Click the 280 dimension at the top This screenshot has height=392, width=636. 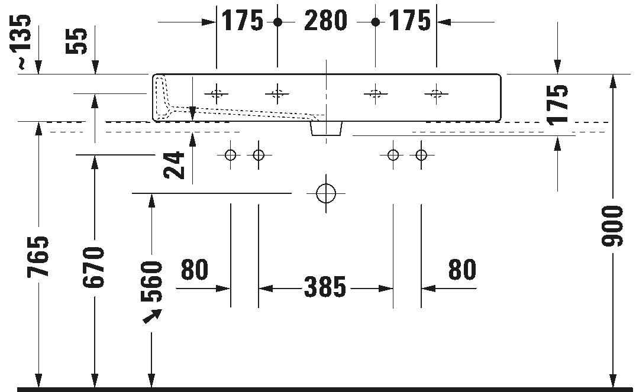click(x=325, y=22)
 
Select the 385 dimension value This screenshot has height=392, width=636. click(x=325, y=287)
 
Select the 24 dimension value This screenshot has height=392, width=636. click(x=175, y=166)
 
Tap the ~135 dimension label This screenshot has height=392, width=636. click(x=22, y=42)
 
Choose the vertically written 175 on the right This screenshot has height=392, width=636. click(x=557, y=104)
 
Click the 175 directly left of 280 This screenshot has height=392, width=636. click(x=243, y=22)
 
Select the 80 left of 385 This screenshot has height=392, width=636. click(x=195, y=270)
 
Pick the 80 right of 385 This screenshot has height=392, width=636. click(x=462, y=270)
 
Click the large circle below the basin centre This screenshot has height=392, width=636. click(x=325, y=193)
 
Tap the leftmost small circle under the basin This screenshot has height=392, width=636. click(x=230, y=155)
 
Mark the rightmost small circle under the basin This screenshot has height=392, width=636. click(x=421, y=155)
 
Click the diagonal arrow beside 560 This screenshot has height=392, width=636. click(x=152, y=318)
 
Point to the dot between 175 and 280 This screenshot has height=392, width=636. click(x=277, y=22)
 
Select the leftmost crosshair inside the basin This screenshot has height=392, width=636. click(x=217, y=93)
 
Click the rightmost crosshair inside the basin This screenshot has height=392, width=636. click(x=436, y=93)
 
